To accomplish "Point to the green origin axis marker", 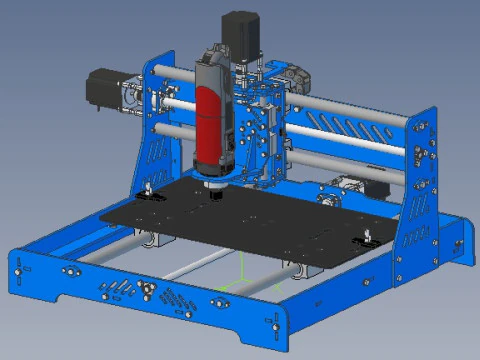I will click(x=243, y=271).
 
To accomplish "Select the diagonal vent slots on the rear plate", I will click(x=345, y=129).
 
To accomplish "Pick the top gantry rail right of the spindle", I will click(x=350, y=109).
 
